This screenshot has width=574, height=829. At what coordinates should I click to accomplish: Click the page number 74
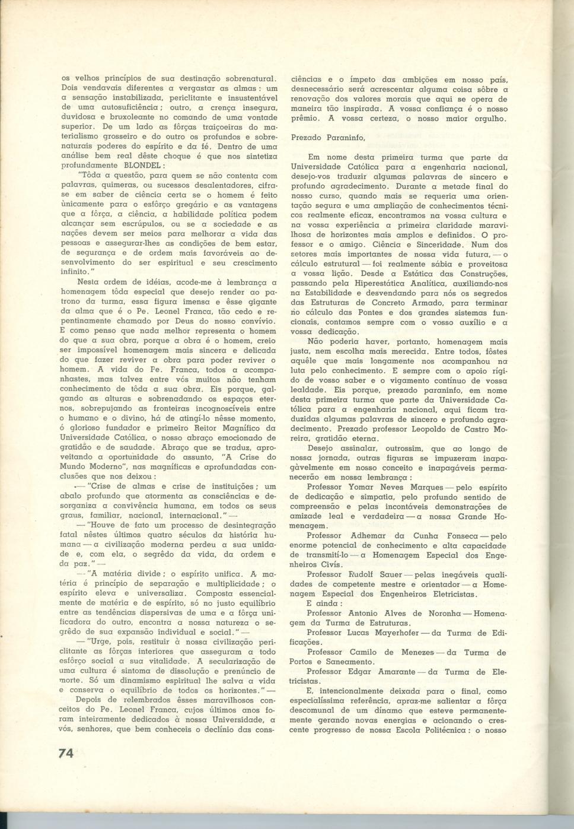tap(65, 752)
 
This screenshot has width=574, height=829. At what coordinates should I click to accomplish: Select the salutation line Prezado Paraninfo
tap(328, 138)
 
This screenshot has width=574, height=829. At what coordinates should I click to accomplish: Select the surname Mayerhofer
tap(386, 633)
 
